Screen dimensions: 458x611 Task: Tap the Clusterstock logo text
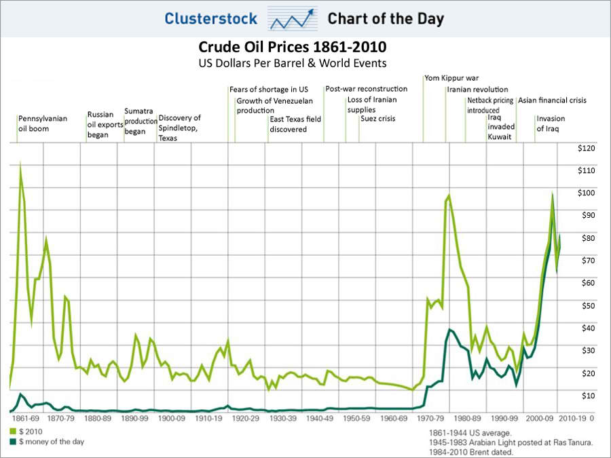210,18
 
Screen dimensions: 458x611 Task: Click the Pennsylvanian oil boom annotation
42,123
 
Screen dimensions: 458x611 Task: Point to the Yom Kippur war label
451,78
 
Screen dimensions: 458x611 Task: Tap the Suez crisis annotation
377,119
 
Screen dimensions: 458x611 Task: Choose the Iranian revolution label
477,90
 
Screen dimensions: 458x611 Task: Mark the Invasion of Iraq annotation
551,123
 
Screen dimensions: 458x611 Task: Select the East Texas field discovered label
295,123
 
